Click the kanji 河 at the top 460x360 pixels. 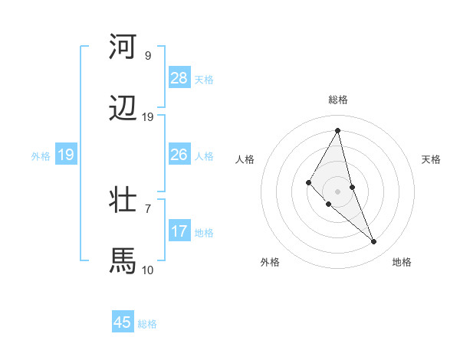click(123, 47)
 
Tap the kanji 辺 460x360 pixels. click(123, 109)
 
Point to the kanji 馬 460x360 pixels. click(123, 260)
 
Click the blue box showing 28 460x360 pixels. click(179, 77)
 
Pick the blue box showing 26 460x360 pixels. click(179, 155)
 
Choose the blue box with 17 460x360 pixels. click(179, 231)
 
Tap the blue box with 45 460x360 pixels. click(123, 322)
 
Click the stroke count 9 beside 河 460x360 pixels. click(147, 56)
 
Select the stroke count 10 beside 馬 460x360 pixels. click(147, 270)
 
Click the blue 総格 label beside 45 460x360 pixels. click(147, 324)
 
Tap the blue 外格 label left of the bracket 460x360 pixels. click(41, 155)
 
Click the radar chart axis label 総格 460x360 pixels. click(338, 100)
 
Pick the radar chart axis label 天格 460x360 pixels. click(431, 159)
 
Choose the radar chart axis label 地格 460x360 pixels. click(402, 263)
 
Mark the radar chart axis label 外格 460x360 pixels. click(270, 263)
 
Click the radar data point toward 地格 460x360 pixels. click(374, 242)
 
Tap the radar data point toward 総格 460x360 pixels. click(338, 130)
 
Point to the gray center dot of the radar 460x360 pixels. click(338, 191)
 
